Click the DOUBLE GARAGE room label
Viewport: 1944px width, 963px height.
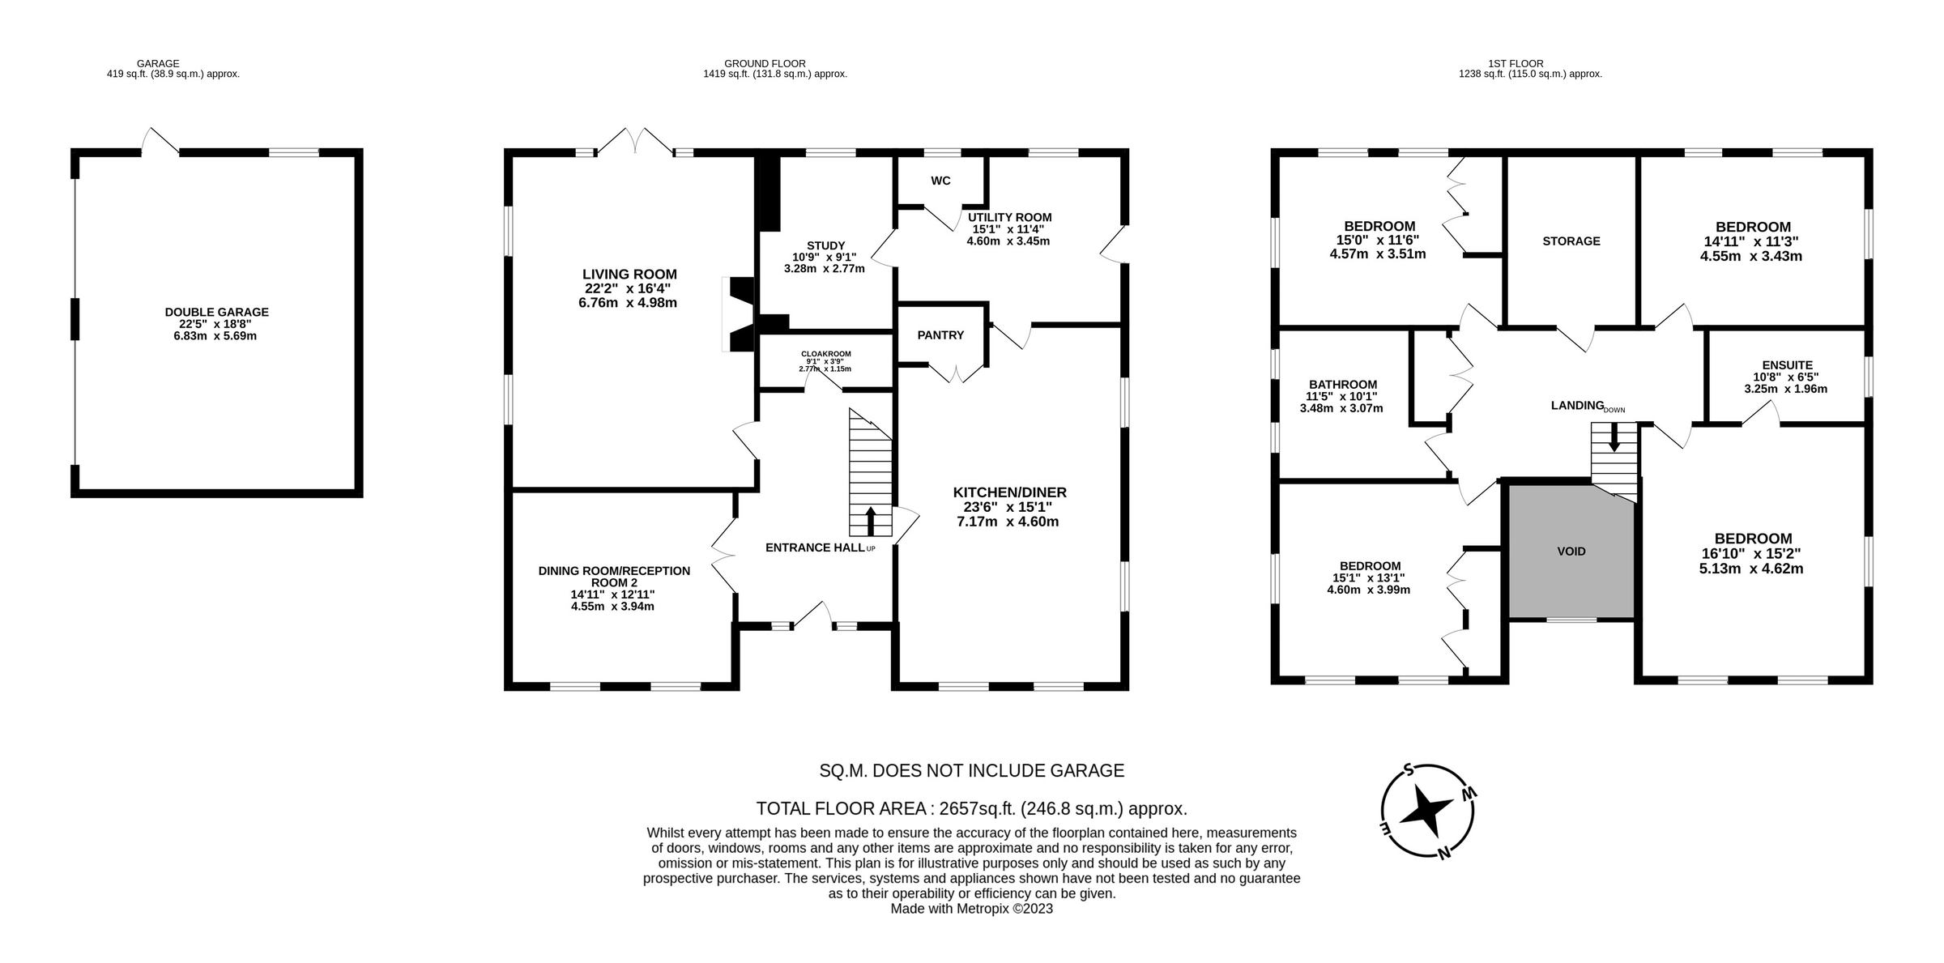click(x=216, y=312)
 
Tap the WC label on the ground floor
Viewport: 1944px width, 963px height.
click(x=940, y=181)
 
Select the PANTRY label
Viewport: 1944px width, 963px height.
click(x=940, y=334)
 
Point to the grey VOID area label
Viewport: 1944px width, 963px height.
click(x=1571, y=552)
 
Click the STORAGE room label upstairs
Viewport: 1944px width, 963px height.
click(x=1571, y=241)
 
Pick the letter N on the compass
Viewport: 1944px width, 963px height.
click(x=1443, y=852)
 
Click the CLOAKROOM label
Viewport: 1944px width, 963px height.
click(x=825, y=354)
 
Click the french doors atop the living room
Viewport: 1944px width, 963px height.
click(x=636, y=141)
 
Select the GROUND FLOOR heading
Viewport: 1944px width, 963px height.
click(x=765, y=63)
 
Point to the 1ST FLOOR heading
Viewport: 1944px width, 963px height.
click(x=1526, y=63)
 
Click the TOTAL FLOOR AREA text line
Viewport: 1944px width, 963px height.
click(x=971, y=808)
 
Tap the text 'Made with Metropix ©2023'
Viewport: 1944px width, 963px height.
click(x=971, y=909)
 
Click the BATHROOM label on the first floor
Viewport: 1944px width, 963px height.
click(x=1342, y=385)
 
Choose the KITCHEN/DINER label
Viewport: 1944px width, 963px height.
click(x=1009, y=492)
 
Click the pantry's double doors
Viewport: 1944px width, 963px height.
click(x=957, y=374)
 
